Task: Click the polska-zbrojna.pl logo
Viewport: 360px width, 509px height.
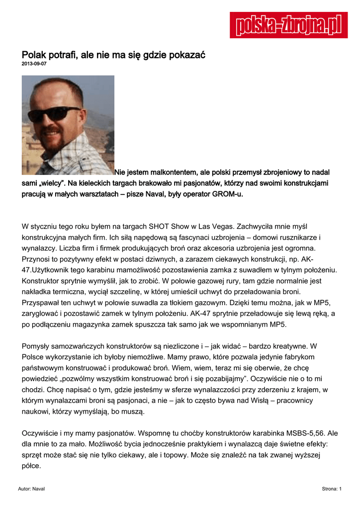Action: tap(288, 25)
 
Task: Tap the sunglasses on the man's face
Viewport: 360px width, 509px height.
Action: tap(58, 114)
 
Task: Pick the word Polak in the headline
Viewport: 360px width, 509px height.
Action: tap(34, 54)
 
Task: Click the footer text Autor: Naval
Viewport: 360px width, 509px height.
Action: tap(31, 489)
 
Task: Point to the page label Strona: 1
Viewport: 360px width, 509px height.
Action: tap(332, 489)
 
